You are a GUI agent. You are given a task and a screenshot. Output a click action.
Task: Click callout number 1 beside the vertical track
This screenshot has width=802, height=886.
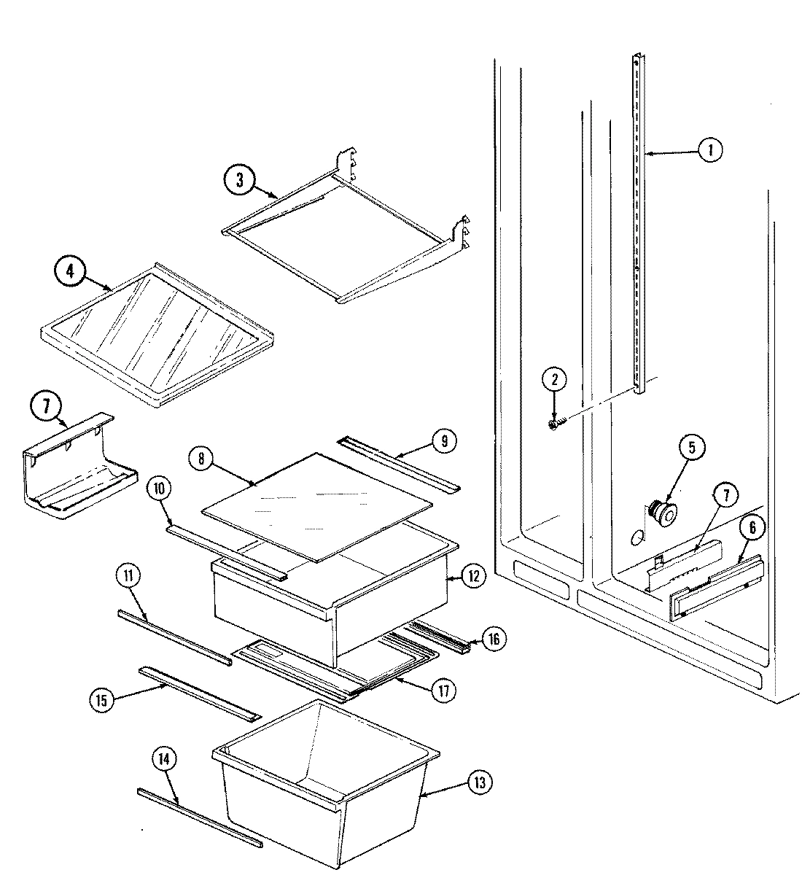[x=709, y=150]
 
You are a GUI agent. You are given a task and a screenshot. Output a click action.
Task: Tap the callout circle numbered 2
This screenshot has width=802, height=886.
[x=554, y=379]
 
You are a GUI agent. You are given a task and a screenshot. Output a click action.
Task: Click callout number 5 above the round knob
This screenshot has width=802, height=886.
[x=692, y=447]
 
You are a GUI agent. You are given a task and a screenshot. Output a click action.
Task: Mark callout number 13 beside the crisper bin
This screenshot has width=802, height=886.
[x=479, y=783]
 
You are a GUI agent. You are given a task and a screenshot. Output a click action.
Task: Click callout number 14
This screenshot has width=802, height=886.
[x=164, y=760]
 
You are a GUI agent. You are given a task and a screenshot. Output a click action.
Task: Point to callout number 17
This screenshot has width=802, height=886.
[x=443, y=691]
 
